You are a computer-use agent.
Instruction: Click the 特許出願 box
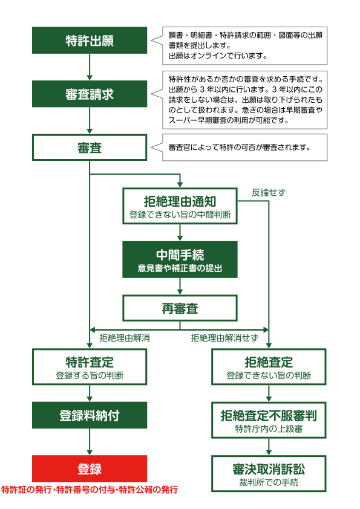(90, 41)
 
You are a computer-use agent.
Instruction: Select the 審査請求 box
(90, 94)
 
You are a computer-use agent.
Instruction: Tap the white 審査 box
(90, 148)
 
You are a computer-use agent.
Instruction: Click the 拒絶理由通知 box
(180, 206)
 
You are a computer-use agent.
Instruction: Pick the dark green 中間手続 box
(180, 259)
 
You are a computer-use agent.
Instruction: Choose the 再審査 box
(180, 308)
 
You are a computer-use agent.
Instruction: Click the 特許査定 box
(90, 367)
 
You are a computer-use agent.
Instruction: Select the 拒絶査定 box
(269, 367)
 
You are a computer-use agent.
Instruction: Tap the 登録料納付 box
(90, 415)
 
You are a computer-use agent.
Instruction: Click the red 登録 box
(90, 468)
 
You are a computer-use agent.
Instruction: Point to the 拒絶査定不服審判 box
(269, 420)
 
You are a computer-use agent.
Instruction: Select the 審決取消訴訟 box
(269, 474)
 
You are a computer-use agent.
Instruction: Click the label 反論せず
(269, 192)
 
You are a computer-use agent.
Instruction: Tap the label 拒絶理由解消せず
(224, 338)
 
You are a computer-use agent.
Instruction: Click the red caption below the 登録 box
(90, 490)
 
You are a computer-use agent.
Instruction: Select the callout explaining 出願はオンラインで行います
(245, 46)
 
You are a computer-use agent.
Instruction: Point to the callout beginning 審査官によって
(245, 148)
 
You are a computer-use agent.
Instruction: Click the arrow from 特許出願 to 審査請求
(90, 67)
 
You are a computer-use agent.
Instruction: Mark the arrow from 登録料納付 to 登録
(90, 442)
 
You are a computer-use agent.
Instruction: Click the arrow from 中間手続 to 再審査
(180, 287)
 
